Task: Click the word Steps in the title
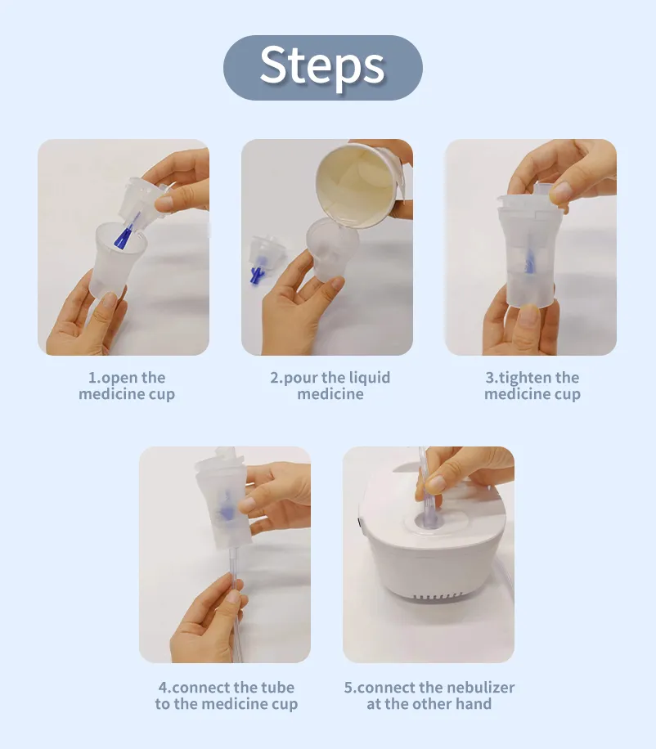pyautogui.click(x=322, y=66)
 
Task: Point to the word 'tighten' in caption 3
pyautogui.click(x=525, y=378)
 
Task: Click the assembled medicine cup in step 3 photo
pyautogui.click(x=528, y=253)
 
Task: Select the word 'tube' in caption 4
pyautogui.click(x=278, y=688)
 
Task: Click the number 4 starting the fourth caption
pyautogui.click(x=164, y=688)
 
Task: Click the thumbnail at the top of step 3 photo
pyautogui.click(x=559, y=192)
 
